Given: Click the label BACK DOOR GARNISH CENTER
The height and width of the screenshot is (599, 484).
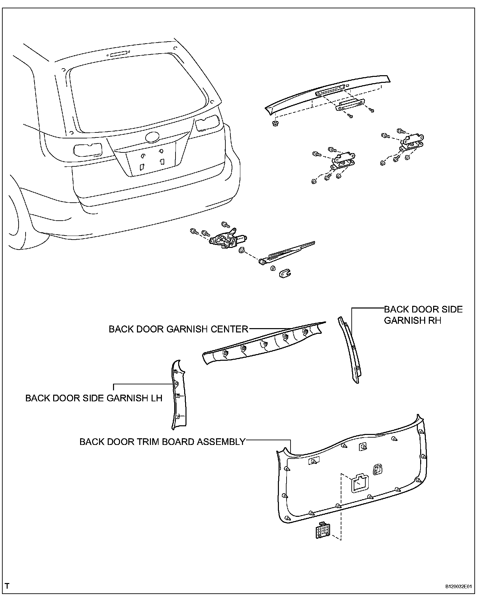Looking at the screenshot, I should click(179, 329).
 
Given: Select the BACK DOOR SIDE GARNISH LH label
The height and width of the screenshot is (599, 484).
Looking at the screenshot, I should click(94, 398).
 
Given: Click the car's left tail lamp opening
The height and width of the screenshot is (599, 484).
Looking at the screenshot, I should click(88, 149).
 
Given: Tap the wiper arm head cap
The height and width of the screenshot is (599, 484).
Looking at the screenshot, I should click(284, 274).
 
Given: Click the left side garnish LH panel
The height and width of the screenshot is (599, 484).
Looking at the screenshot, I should click(179, 396).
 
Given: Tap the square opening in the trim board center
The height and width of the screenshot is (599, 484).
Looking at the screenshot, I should click(360, 483).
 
